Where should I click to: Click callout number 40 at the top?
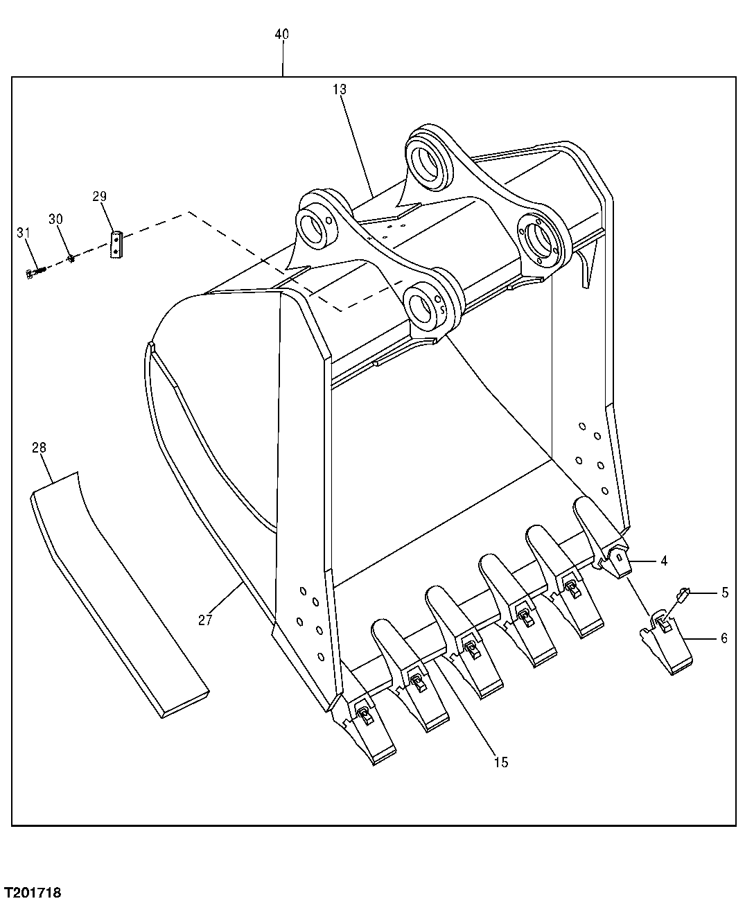(282, 35)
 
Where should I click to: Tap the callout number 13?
(339, 89)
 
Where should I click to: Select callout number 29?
(99, 197)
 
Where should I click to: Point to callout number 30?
(55, 219)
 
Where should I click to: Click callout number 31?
(24, 233)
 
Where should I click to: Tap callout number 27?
(204, 620)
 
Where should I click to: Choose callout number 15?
(500, 762)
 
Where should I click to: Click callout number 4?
(664, 561)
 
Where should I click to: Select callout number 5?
(724, 593)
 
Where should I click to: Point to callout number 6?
(724, 638)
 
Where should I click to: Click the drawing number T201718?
(32, 890)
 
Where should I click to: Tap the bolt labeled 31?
(32, 274)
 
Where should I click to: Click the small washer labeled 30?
(71, 259)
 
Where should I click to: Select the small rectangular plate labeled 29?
(116, 245)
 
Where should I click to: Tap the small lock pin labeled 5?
(683, 593)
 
